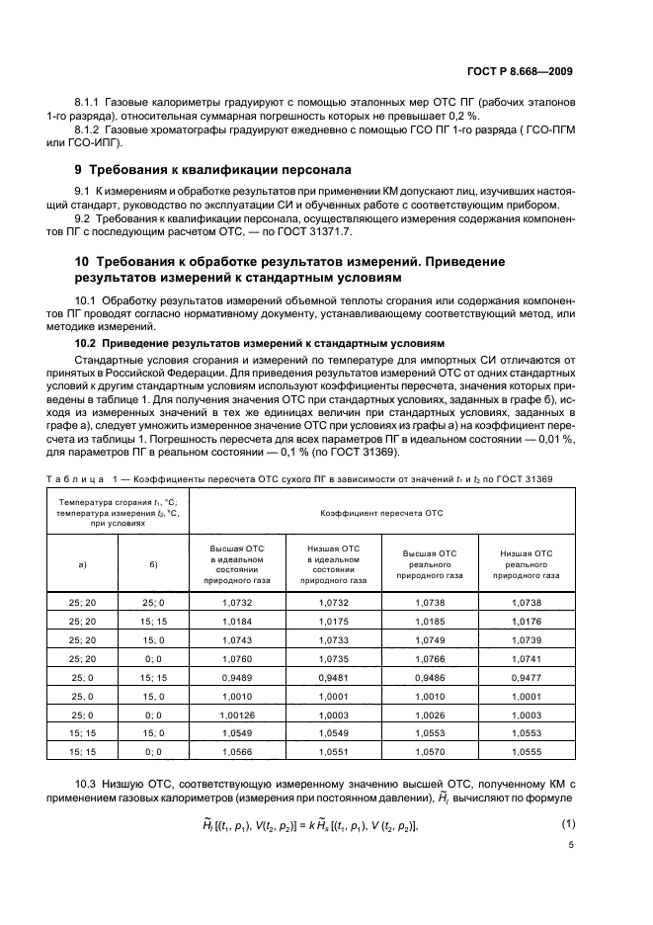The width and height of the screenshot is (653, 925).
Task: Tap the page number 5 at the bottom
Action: (x=571, y=845)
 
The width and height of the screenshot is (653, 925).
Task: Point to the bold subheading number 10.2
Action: (x=87, y=343)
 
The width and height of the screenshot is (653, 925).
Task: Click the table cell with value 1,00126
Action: (x=236, y=714)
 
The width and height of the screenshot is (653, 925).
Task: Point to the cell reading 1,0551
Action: (x=332, y=751)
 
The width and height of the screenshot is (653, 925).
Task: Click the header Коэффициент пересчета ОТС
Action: (x=380, y=514)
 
